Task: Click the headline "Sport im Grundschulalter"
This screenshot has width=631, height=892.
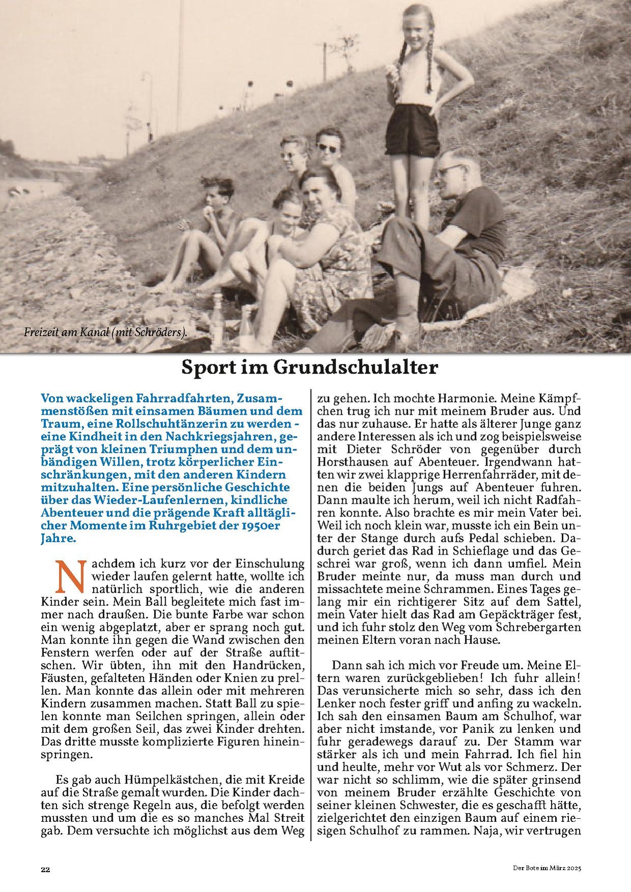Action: pos(310,367)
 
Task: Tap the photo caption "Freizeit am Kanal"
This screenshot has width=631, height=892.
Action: pos(105,333)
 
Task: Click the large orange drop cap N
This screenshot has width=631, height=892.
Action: pos(69,577)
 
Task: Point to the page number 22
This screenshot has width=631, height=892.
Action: pos(45,869)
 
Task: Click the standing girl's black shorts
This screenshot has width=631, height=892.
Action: pos(413,130)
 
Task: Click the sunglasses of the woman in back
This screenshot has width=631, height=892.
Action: pos(328,148)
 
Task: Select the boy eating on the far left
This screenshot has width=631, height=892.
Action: pos(214,214)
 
